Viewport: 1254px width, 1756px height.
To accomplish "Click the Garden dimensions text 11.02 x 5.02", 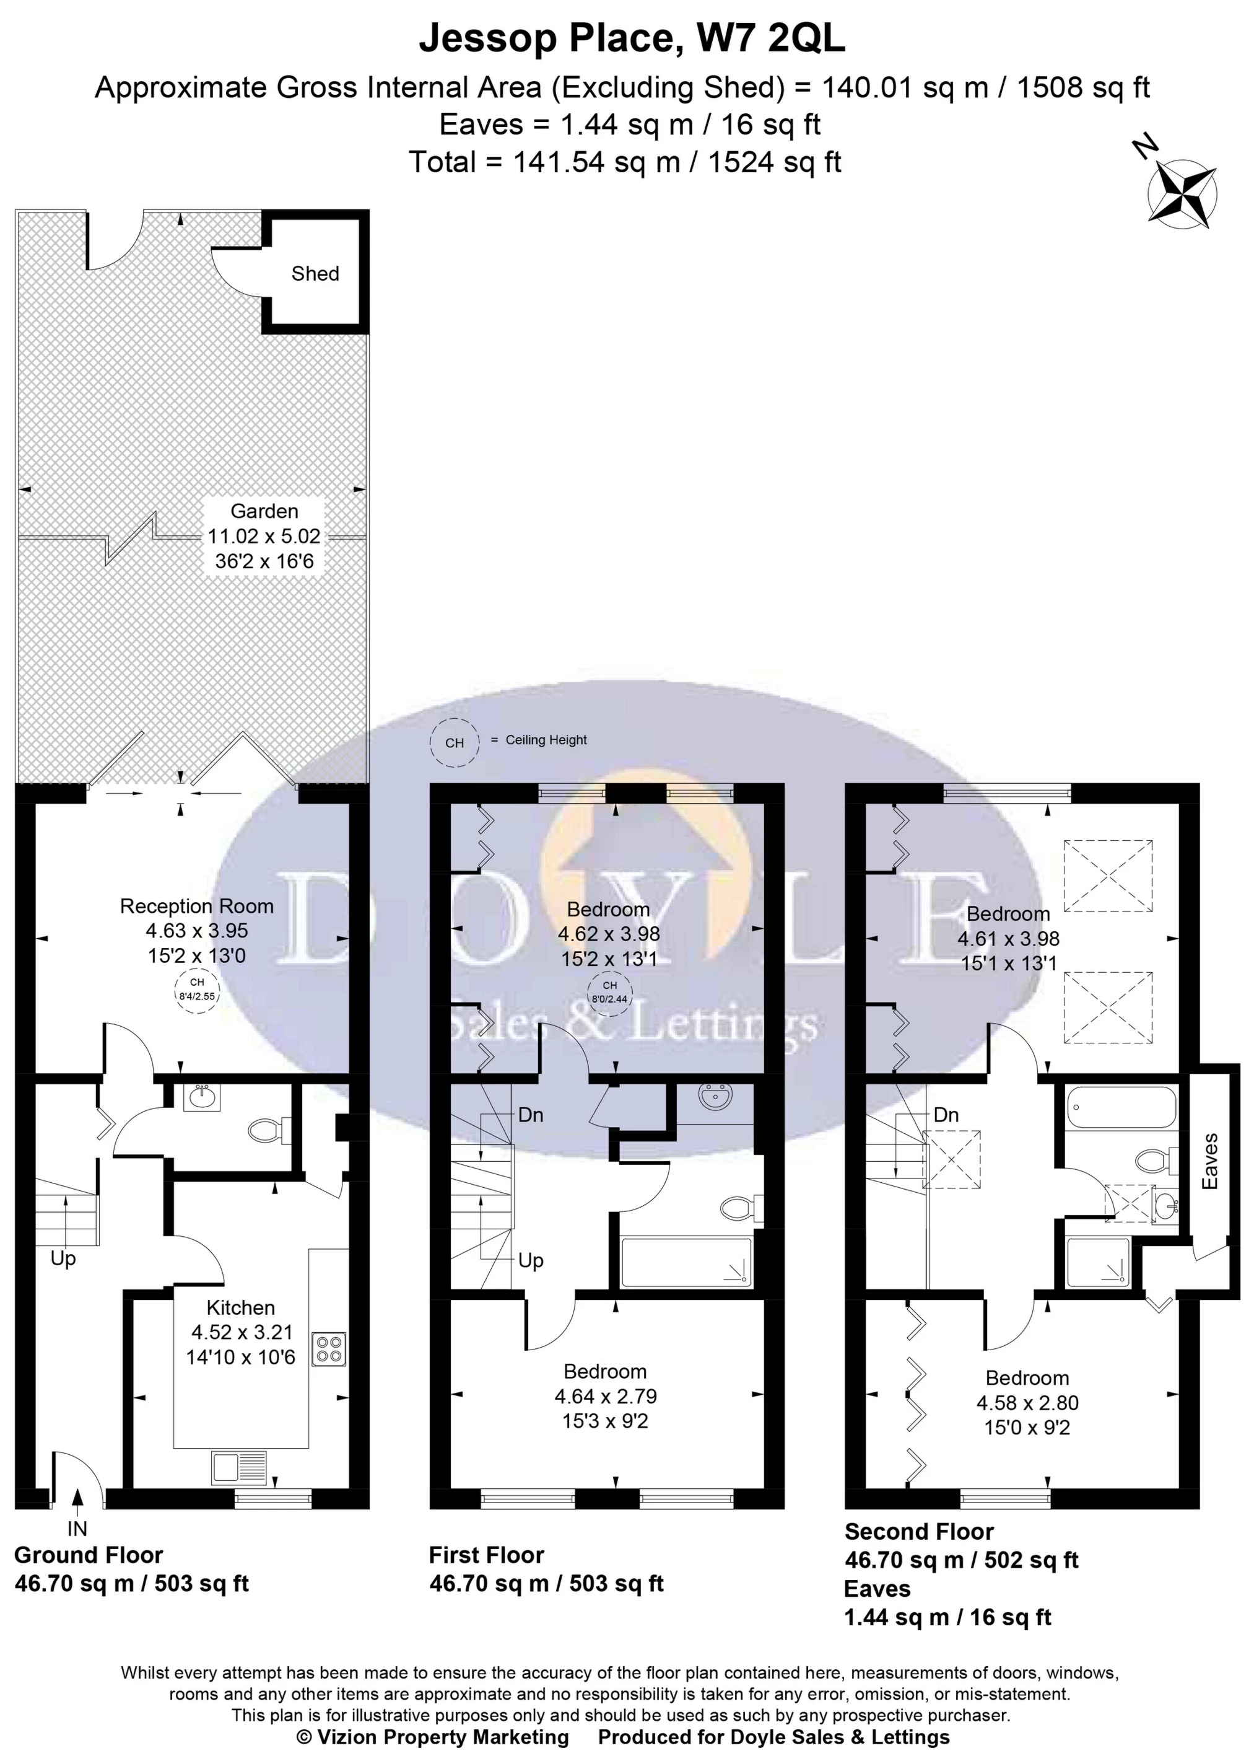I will coord(264,536).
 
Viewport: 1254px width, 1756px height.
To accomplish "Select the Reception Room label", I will coord(196,907).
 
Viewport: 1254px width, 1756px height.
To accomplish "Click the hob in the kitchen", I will coord(329,1350).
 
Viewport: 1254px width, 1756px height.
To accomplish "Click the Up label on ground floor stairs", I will coord(63,1258).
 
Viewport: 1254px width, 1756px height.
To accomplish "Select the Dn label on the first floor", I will coord(531,1115).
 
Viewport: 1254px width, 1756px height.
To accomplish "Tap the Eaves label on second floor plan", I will coord(1210,1161).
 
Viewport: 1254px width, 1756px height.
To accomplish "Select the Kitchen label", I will coord(240,1307).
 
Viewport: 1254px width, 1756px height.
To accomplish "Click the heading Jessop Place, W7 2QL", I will coord(632,40).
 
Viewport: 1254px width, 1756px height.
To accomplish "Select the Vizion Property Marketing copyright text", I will coord(432,1737).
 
